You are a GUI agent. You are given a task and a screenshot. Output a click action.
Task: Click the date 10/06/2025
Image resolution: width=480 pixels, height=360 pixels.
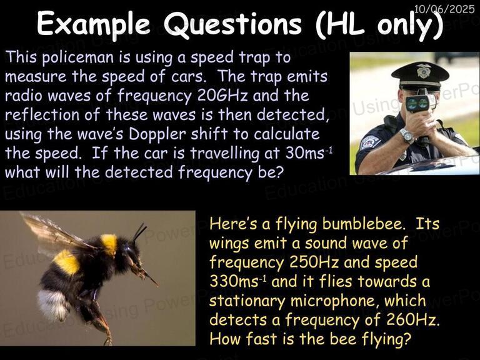coord(444,8)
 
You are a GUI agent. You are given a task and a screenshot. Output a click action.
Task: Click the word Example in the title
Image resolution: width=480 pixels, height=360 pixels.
coord(94,25)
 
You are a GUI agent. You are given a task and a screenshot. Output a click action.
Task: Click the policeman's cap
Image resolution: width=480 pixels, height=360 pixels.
coord(419,72)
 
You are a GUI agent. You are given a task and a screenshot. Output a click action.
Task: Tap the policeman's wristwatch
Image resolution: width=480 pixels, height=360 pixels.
coord(407,135)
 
